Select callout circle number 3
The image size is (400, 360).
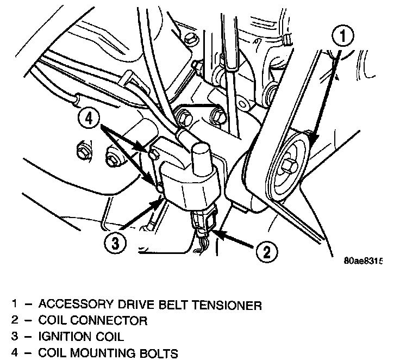pyautogui.click(x=115, y=243)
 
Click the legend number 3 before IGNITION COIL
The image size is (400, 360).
pyautogui.click(x=15, y=337)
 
